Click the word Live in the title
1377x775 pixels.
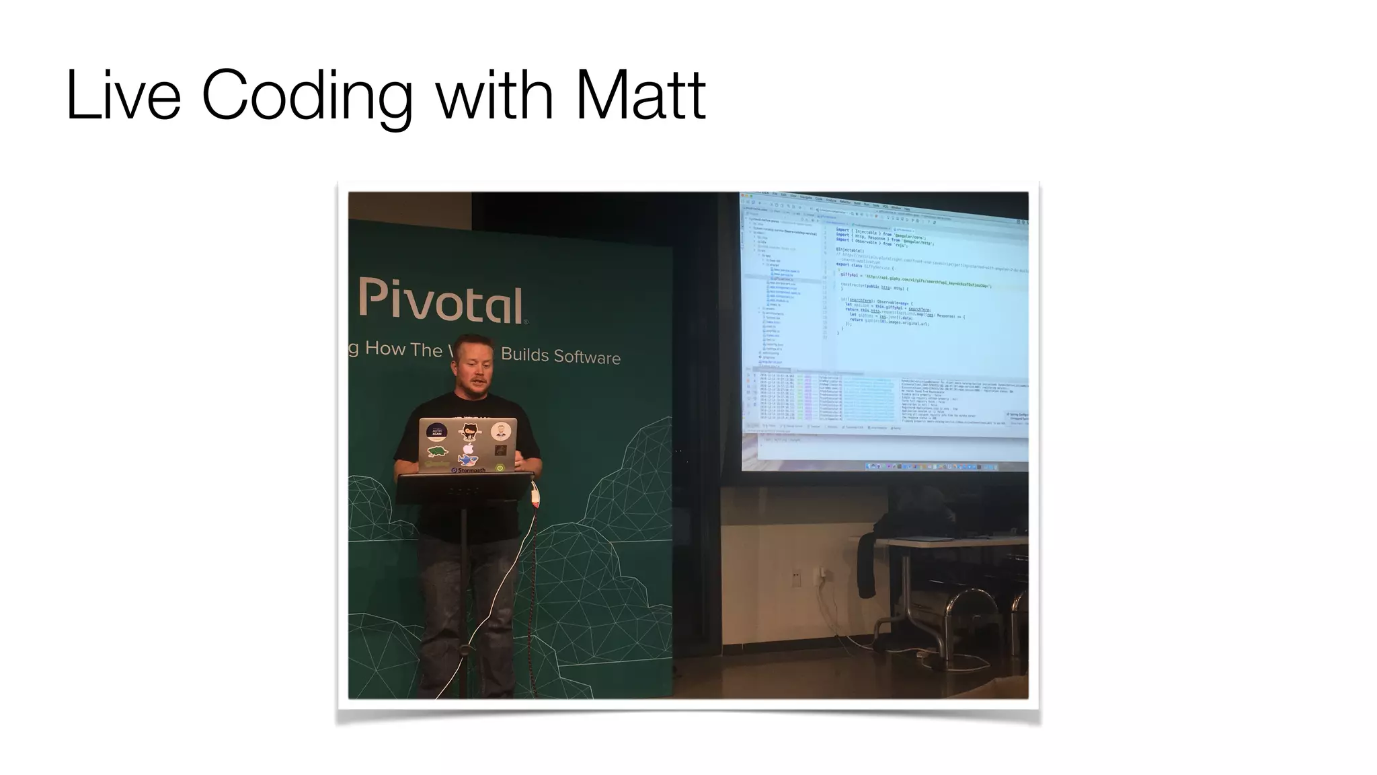pyautogui.click(x=123, y=96)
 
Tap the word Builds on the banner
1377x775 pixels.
pyautogui.click(x=524, y=355)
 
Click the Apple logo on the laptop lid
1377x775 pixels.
pyautogui.click(x=469, y=449)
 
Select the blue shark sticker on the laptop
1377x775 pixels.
pyautogui.click(x=466, y=461)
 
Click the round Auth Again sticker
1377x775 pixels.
pyautogui.click(x=436, y=431)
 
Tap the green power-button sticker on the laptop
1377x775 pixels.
pyautogui.click(x=500, y=467)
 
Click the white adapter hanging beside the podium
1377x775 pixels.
pyautogui.click(x=535, y=496)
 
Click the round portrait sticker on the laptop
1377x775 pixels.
pyautogui.click(x=500, y=431)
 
